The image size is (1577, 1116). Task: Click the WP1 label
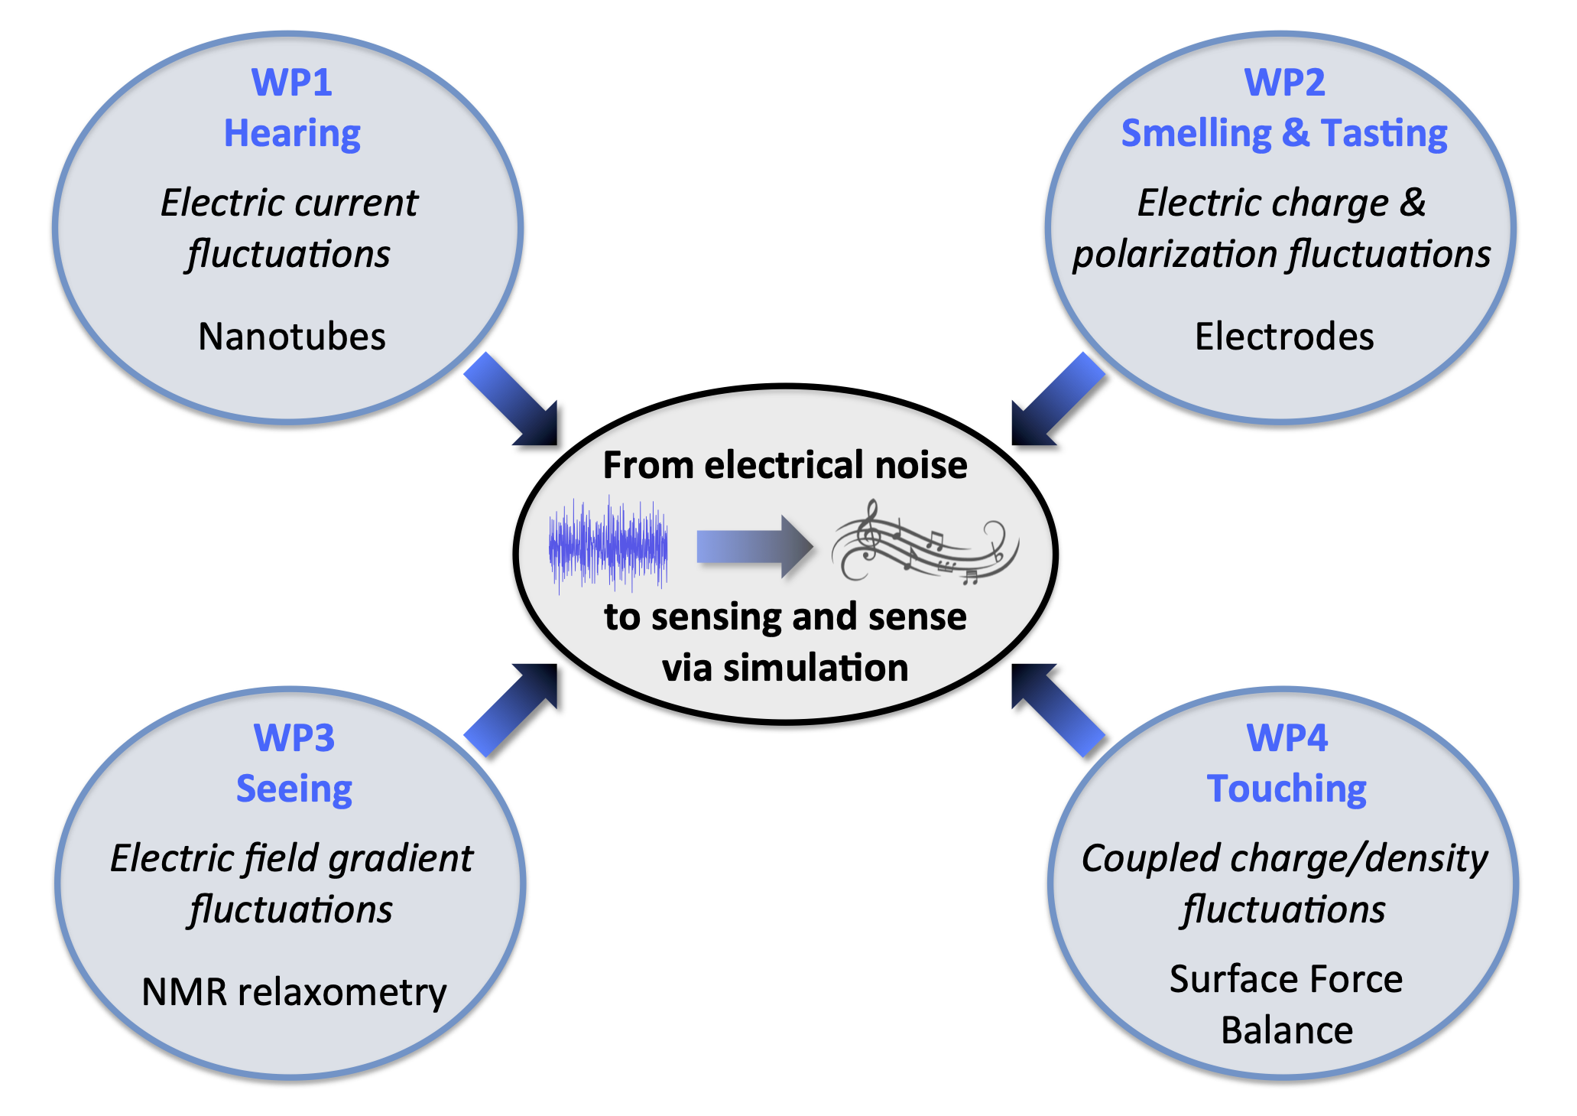tap(292, 83)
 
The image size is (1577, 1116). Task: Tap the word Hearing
tap(292, 134)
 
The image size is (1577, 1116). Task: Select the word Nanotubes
tap(292, 337)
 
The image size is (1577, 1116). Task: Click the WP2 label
tap(1285, 83)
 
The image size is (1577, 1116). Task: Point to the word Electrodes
tap(1284, 337)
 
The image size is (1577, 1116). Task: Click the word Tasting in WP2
tap(1384, 134)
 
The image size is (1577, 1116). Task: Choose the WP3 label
tap(294, 738)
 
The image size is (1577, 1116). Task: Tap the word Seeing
tap(294, 789)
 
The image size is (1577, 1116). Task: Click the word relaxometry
tap(342, 992)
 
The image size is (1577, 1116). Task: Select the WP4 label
tap(1287, 738)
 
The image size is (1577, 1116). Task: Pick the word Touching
tap(1287, 789)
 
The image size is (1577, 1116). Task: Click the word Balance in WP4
tap(1287, 1030)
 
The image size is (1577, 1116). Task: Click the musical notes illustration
tap(925, 543)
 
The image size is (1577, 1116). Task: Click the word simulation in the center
tap(816, 668)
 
